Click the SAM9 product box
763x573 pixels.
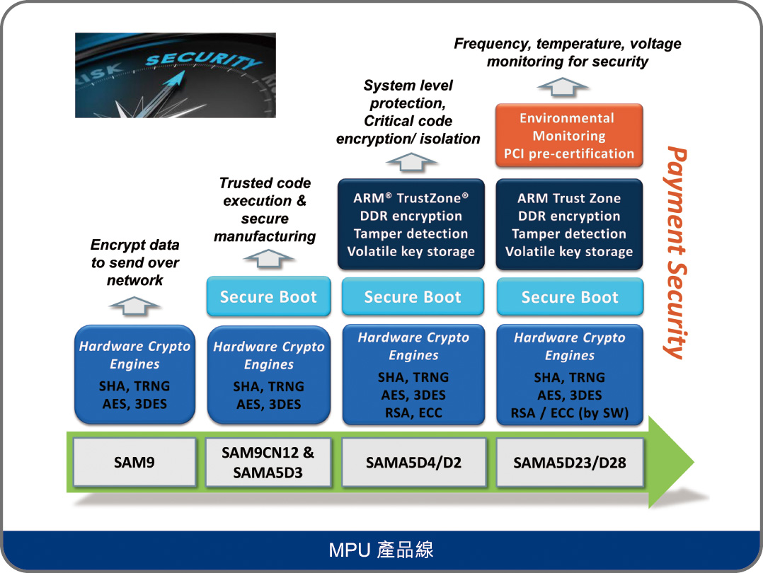(134, 462)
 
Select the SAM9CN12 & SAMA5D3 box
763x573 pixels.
(268, 462)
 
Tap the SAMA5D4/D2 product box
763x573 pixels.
(413, 462)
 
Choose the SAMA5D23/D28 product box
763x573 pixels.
(570, 462)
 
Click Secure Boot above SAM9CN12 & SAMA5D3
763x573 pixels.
(269, 296)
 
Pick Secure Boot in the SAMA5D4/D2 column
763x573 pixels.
(413, 296)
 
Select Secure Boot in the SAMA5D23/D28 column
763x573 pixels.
(570, 296)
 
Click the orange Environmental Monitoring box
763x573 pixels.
(569, 136)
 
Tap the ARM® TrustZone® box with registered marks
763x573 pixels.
(411, 224)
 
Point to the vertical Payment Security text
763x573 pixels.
(675, 253)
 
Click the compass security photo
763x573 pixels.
(176, 76)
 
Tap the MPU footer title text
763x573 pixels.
(381, 550)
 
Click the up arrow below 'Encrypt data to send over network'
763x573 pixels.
(134, 306)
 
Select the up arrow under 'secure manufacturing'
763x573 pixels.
(268, 258)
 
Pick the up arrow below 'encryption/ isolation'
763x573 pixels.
(411, 162)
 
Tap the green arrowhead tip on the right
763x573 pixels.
(694, 462)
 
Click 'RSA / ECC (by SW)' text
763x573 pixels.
(570, 413)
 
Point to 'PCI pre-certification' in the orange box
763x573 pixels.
(569, 154)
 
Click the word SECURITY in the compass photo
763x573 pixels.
(203, 60)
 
